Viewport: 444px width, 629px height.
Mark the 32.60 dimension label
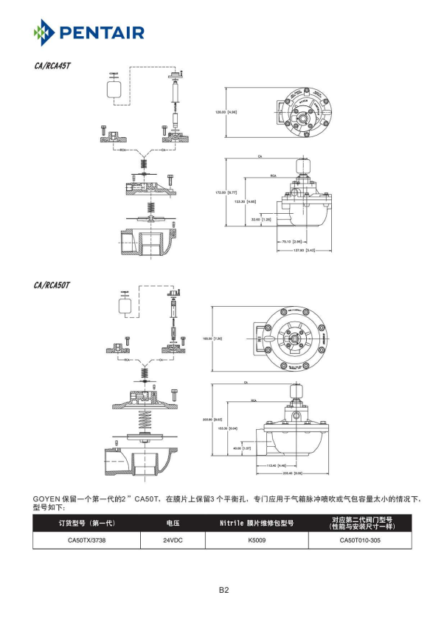point(261,219)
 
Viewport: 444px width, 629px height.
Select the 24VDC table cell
point(172,540)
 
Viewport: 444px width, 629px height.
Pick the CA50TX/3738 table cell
point(86,540)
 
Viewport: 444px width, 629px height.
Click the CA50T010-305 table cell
point(360,540)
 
